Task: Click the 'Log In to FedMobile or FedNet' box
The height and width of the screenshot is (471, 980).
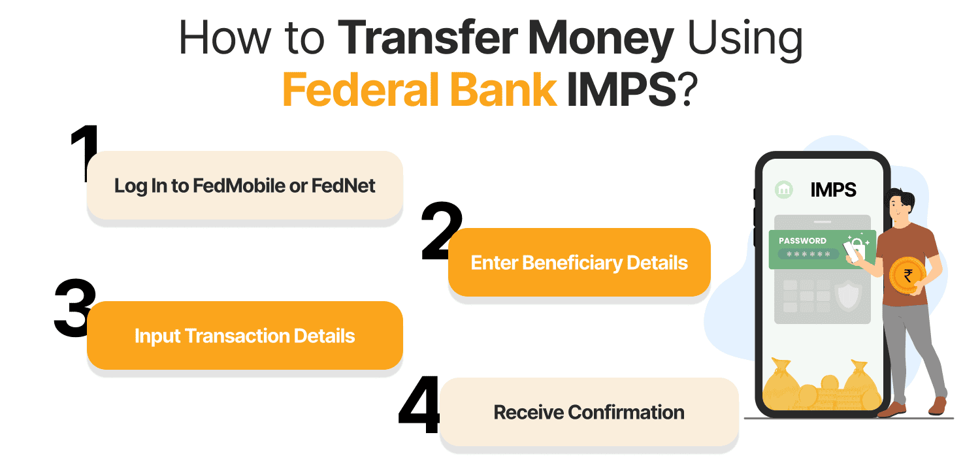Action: click(x=245, y=186)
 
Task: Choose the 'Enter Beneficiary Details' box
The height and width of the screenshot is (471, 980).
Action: click(x=579, y=263)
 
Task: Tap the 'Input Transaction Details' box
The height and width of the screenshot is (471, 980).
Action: click(x=245, y=336)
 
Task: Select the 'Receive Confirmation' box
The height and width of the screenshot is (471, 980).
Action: click(x=589, y=413)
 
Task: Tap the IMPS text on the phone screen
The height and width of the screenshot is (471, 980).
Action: click(x=833, y=190)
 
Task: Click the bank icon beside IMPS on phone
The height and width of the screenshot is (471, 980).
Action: click(x=784, y=190)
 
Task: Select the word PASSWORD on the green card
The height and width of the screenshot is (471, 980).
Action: click(x=802, y=240)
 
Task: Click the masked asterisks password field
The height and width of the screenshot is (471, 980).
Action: click(x=808, y=254)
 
